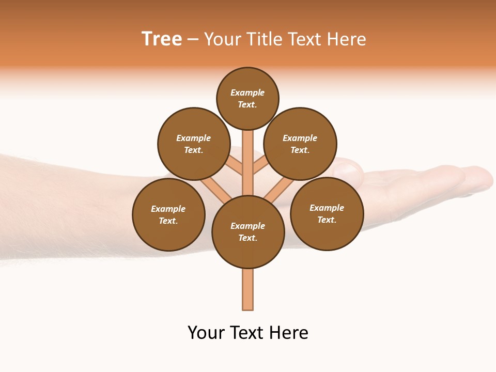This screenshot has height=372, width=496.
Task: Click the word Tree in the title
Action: point(162,39)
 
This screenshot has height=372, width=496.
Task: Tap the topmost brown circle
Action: point(247,98)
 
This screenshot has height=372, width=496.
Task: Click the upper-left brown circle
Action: point(194,144)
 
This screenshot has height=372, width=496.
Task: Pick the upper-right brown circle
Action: point(300,144)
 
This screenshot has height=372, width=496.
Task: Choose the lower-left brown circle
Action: point(168,214)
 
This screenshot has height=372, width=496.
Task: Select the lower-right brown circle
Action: point(327,213)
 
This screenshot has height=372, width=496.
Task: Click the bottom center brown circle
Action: point(248,232)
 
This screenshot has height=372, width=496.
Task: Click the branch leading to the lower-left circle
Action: point(214,188)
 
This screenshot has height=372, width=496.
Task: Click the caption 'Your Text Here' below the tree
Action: point(248,333)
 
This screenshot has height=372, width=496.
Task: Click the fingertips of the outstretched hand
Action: point(483,177)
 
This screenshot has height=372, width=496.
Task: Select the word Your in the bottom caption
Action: point(206,333)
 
